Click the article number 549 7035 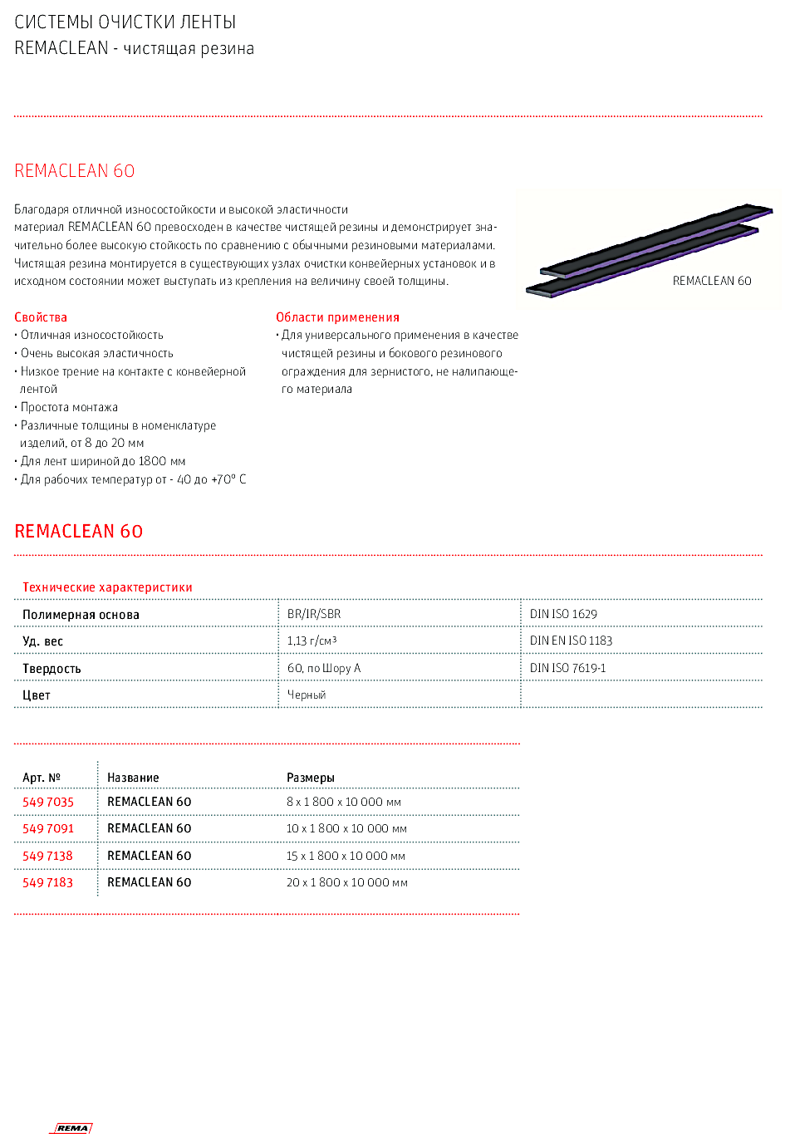[x=48, y=802]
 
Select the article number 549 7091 [x=48, y=828]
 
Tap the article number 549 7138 [x=47, y=856]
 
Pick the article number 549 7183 [x=47, y=882]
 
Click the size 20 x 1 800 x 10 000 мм [x=346, y=882]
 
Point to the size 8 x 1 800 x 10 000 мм [x=343, y=802]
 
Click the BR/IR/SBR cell [x=314, y=614]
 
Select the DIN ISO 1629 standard [x=563, y=614]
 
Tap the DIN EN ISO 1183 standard [x=571, y=641]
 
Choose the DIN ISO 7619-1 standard [x=567, y=668]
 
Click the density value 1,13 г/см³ [x=312, y=641]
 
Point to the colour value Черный [x=307, y=695]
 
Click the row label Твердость [x=52, y=669]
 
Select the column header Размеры [x=310, y=778]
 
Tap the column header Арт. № [x=42, y=778]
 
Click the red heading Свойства [x=41, y=317]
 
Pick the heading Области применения [x=337, y=317]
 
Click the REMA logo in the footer [x=73, y=1127]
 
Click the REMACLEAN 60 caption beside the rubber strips [x=711, y=281]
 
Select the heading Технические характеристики [x=107, y=587]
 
